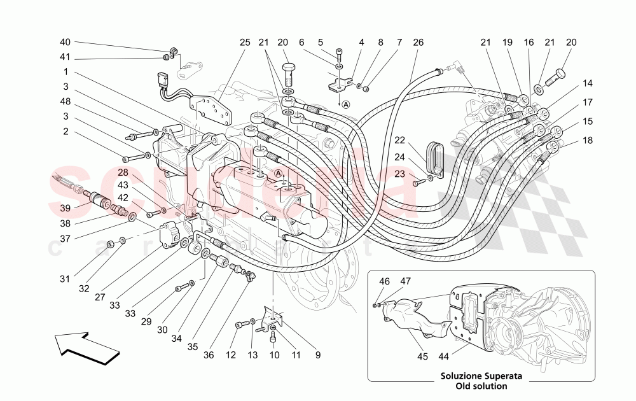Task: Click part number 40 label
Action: (x=65, y=42)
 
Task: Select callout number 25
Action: (x=245, y=43)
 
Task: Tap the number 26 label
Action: (x=418, y=43)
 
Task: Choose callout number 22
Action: (x=399, y=140)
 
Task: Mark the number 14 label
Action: (x=587, y=83)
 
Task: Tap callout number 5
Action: (x=321, y=43)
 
